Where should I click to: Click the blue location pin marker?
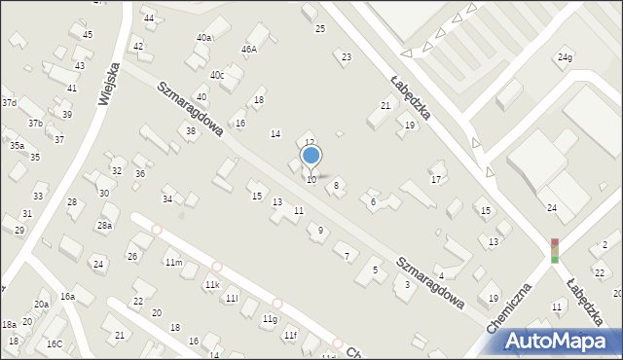click(311, 156)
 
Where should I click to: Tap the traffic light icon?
click(555, 250)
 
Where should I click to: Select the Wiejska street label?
click(108, 85)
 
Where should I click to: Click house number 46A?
click(249, 49)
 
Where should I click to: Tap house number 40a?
click(203, 38)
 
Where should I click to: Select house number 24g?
click(565, 57)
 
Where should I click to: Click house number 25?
click(319, 29)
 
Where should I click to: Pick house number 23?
click(347, 57)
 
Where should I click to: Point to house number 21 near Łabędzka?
click(385, 106)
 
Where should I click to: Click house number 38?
click(191, 131)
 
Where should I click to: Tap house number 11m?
click(173, 263)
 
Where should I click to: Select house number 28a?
click(104, 226)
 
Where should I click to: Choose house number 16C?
click(55, 343)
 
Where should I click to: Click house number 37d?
click(9, 103)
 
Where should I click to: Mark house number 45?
click(88, 35)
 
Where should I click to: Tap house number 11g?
click(270, 319)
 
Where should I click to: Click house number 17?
click(436, 180)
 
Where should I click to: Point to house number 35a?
click(17, 145)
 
